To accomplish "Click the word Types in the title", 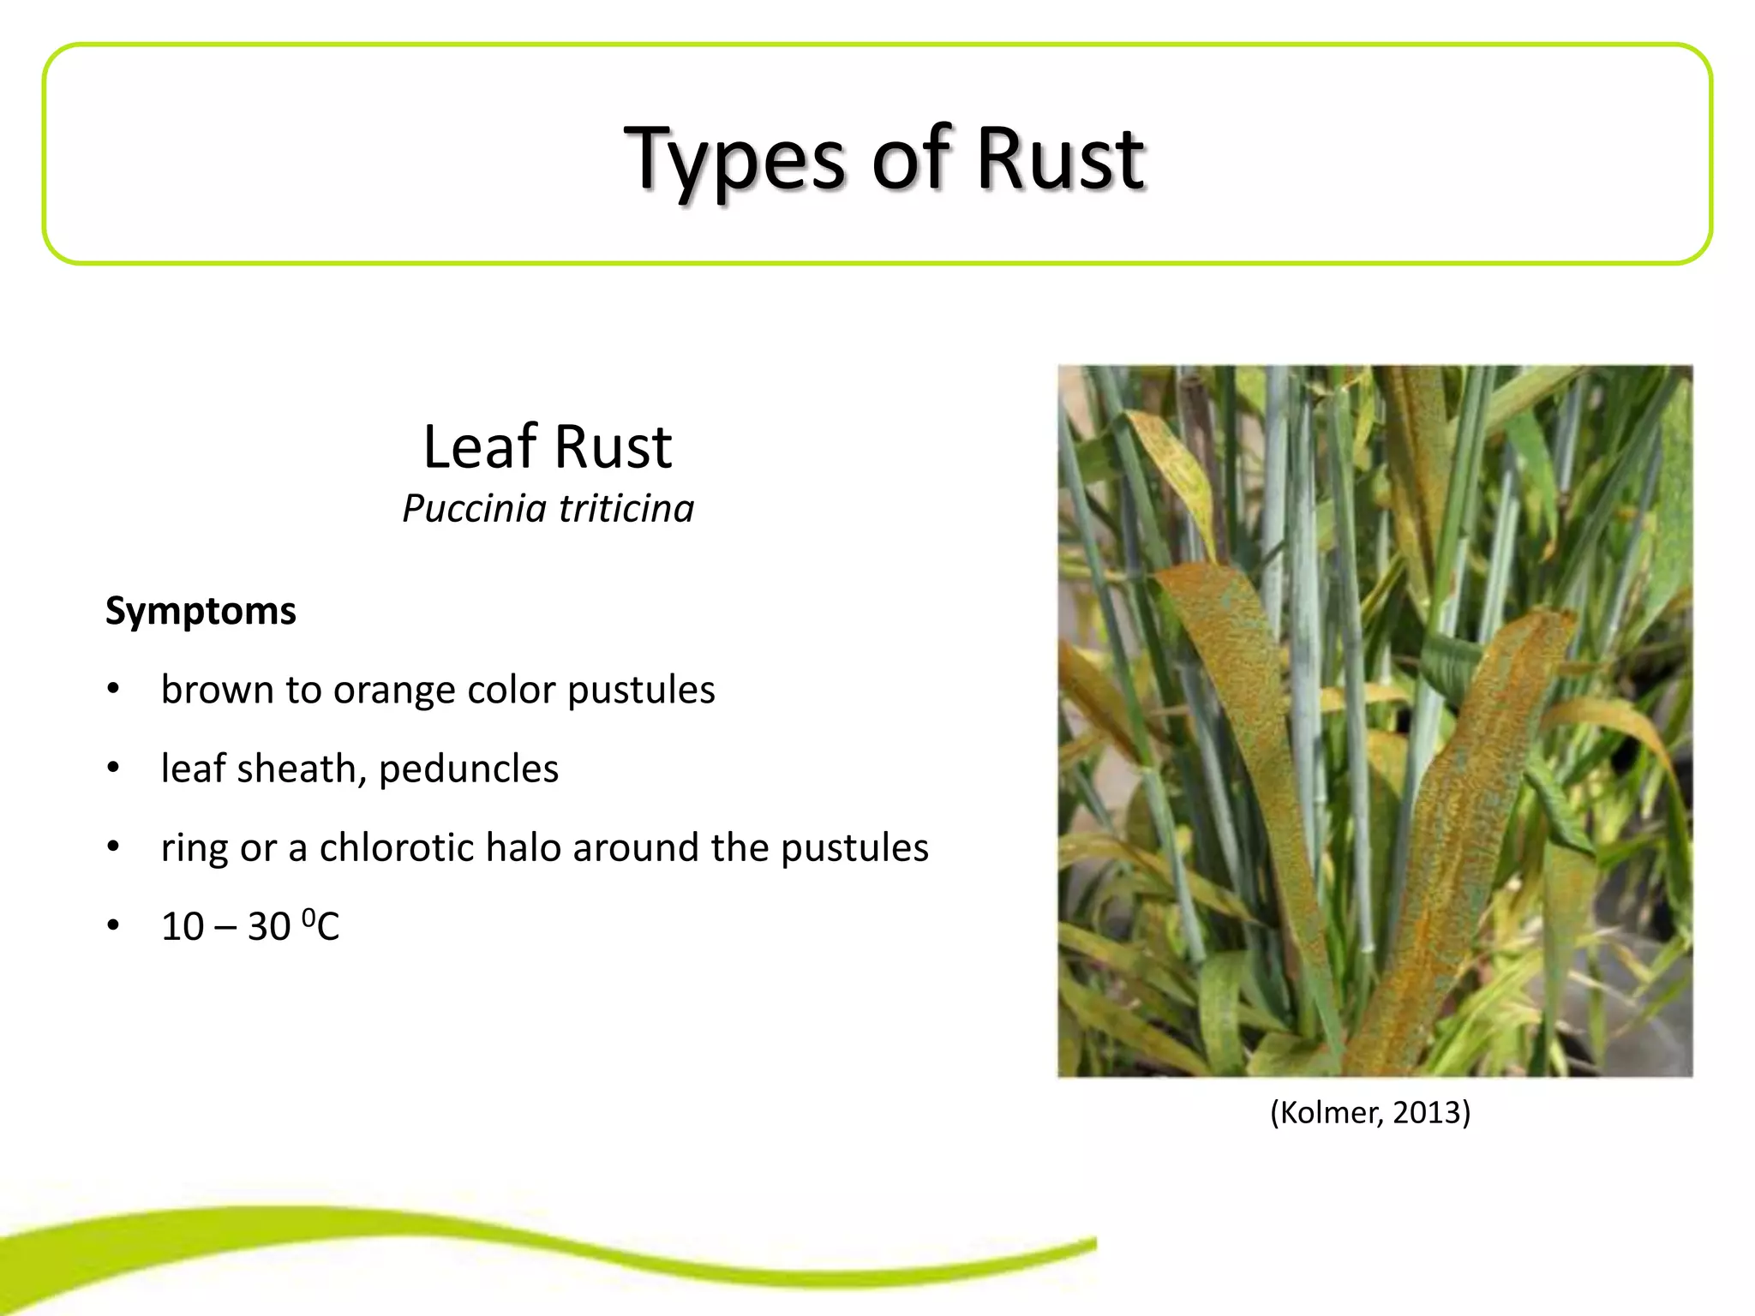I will (x=734, y=161).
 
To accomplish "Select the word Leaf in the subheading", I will (x=480, y=447).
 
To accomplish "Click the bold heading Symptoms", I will (x=201, y=612).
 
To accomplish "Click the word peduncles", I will (x=469, y=769).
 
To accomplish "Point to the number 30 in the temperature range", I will (x=269, y=927).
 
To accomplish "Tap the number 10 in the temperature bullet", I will (x=183, y=927).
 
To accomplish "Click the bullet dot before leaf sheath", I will (x=113, y=769).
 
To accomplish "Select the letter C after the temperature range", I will (x=328, y=927).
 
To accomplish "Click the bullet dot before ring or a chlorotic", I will (x=113, y=847).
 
